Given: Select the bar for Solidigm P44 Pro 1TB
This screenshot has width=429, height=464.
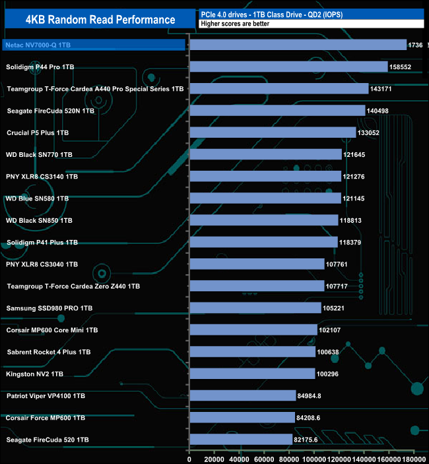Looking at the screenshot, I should click(x=288, y=67).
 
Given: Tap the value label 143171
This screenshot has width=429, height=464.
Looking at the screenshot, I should click(x=382, y=89).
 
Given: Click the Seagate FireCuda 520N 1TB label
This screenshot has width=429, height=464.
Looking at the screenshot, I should click(x=50, y=111).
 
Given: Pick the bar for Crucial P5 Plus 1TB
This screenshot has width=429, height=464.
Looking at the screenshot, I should click(x=273, y=132).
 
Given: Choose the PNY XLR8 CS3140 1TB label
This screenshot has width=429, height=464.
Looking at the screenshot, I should click(x=42, y=177).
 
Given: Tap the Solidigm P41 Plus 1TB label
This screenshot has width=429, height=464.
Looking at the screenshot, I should click(x=42, y=243).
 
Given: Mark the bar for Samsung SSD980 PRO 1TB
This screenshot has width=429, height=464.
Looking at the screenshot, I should click(x=255, y=308).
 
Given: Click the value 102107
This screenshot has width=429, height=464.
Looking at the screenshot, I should click(x=331, y=330).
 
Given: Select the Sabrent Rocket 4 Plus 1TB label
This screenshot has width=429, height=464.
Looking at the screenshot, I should click(x=49, y=352).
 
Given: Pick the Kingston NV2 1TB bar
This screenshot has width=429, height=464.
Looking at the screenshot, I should click(x=252, y=374).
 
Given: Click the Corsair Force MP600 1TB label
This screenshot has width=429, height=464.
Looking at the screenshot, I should click(x=45, y=417).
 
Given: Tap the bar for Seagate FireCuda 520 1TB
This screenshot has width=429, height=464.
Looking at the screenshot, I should click(x=241, y=439).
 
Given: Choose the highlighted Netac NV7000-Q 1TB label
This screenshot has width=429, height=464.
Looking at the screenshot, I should click(x=39, y=45).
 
